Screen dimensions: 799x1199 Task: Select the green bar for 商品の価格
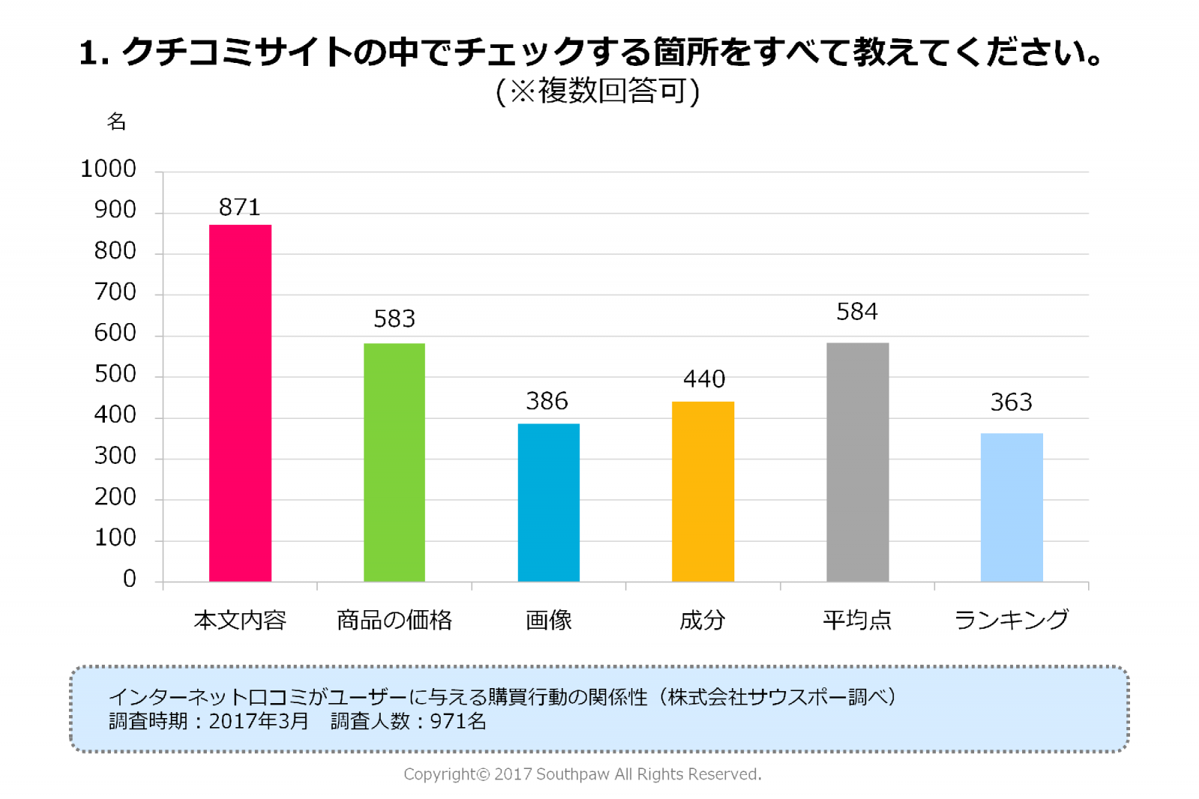(394, 462)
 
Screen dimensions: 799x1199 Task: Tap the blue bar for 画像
(549, 502)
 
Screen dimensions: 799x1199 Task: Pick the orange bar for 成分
(703, 492)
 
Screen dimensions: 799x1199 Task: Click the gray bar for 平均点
(857, 462)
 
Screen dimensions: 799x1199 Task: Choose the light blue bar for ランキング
(1012, 507)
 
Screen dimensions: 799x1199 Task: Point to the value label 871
(240, 207)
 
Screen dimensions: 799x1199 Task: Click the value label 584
(857, 311)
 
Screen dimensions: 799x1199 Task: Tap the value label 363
(1012, 402)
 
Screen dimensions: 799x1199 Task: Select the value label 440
(704, 379)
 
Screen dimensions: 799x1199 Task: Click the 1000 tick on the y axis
(109, 169)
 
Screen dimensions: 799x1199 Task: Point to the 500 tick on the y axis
(115, 374)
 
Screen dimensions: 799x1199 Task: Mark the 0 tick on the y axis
(130, 579)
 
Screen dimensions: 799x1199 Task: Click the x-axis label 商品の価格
(394, 620)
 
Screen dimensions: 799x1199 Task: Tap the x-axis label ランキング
(1012, 620)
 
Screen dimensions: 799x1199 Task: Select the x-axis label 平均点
(857, 620)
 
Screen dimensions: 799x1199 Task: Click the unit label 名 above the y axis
(117, 121)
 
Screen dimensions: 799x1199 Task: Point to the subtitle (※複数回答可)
(597, 91)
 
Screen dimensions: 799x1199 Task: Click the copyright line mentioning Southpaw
(582, 774)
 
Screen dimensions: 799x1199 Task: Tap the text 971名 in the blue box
(458, 721)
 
